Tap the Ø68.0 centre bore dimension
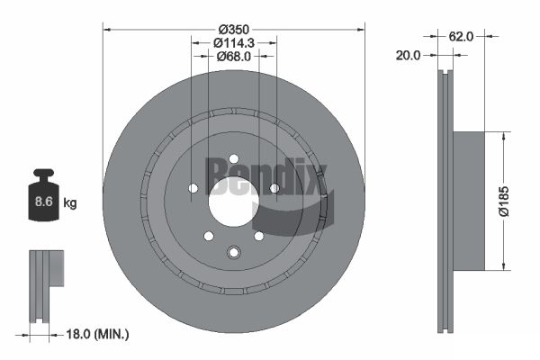234,57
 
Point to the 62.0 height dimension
461,37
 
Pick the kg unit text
70,203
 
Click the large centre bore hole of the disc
233,206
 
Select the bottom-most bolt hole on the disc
233,252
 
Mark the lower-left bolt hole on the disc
208,236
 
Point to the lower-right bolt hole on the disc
259,236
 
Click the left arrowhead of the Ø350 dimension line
107,28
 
